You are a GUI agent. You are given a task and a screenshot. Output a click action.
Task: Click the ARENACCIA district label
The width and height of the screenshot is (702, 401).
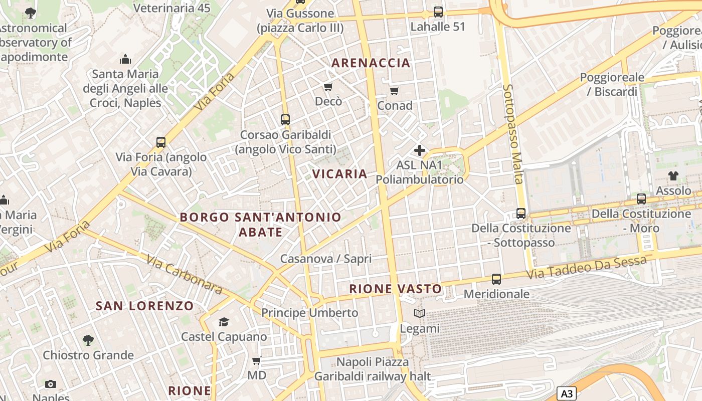[x=371, y=63]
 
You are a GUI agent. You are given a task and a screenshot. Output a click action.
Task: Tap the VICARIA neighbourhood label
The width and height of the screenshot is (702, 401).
[x=340, y=174]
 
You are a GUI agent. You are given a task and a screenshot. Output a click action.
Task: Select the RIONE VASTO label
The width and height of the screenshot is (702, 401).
[x=395, y=289]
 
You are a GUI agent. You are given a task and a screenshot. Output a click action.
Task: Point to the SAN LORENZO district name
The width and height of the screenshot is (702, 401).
[x=144, y=306]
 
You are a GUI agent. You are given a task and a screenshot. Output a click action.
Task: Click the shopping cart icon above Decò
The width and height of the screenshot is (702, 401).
[x=328, y=87]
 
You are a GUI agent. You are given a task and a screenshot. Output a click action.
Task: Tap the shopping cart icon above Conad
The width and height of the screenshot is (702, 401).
[x=395, y=91]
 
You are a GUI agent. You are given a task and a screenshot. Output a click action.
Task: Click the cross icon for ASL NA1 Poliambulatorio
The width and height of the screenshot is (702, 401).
[x=419, y=150]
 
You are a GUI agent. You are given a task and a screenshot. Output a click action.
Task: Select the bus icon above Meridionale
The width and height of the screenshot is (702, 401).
[x=496, y=279]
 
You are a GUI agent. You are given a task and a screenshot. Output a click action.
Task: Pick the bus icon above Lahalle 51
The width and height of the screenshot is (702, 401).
[x=438, y=12]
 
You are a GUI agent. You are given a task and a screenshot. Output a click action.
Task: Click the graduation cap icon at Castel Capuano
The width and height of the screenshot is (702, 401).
[x=224, y=322]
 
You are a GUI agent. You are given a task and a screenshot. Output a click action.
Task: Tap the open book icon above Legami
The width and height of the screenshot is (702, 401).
[x=419, y=314]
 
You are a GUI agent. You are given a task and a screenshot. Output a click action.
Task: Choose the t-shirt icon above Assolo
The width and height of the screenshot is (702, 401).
[x=673, y=176]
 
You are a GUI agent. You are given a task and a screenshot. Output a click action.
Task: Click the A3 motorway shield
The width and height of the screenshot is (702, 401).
[x=567, y=393]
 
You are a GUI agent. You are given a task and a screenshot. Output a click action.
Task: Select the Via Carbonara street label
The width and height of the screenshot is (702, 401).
[x=184, y=274]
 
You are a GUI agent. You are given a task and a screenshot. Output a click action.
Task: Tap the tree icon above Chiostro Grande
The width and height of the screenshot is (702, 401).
[x=88, y=340]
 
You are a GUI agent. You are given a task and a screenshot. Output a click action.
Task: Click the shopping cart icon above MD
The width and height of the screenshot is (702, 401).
[x=257, y=360]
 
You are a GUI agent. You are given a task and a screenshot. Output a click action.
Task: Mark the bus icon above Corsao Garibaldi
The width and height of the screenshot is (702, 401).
[x=285, y=120]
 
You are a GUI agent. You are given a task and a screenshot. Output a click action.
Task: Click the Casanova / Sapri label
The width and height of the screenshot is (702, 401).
[x=326, y=259]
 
